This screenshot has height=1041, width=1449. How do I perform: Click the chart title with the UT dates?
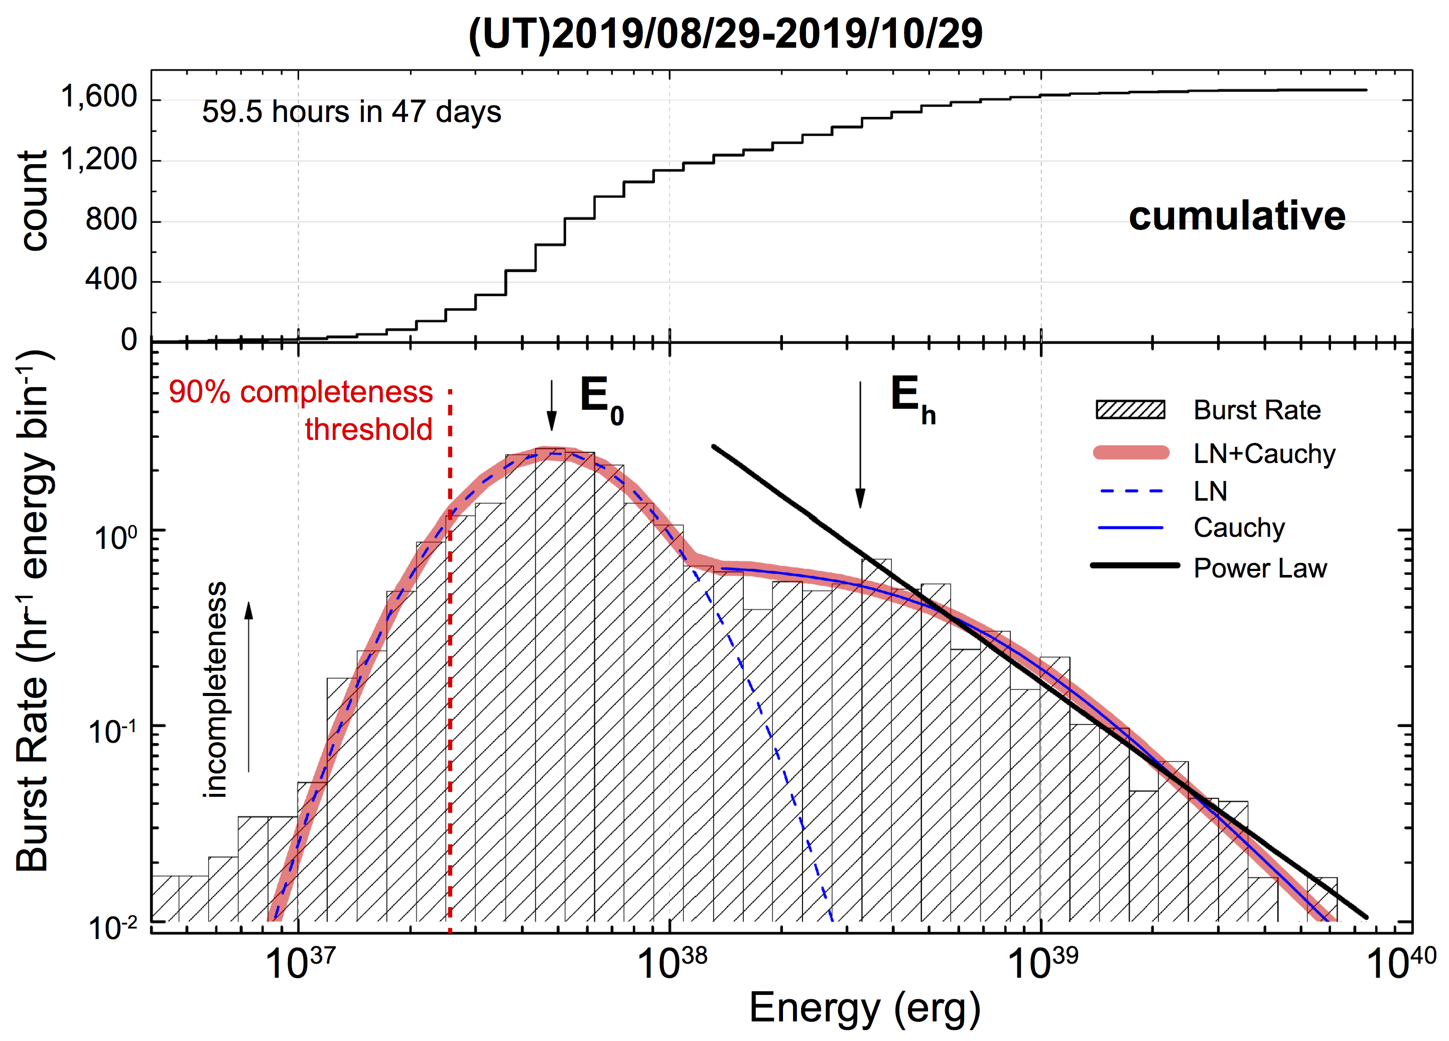coord(725,33)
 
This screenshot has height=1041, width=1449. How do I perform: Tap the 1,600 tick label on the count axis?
coord(98,96)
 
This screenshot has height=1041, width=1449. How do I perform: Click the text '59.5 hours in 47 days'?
coord(351,112)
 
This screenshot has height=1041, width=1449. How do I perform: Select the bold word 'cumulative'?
coord(1236,216)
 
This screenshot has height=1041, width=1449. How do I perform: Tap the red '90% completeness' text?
coord(300,392)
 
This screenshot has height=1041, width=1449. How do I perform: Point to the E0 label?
coord(601,399)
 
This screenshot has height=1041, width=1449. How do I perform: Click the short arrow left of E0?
coord(552,406)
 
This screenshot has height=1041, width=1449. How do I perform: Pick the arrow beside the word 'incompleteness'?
coord(248,687)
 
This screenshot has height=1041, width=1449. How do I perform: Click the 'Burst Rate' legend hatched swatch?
coord(1130,410)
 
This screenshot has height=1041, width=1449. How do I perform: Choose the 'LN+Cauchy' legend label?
coord(1264,454)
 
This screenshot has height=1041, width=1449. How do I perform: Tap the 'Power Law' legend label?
coord(1260,568)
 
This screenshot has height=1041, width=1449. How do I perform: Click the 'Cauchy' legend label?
coord(1239,528)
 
